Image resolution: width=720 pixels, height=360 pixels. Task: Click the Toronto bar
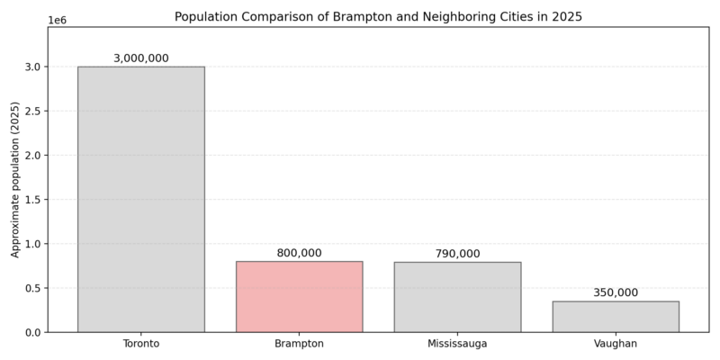(x=141, y=199)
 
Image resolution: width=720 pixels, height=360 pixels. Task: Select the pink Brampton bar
(x=299, y=297)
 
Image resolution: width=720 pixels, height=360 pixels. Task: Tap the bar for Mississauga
(x=457, y=297)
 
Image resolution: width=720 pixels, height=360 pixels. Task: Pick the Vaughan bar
(x=616, y=317)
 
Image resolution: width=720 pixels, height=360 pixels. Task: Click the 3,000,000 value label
(x=141, y=58)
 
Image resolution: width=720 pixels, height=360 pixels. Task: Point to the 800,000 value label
(x=299, y=253)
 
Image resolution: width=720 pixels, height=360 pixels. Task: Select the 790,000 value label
(x=457, y=254)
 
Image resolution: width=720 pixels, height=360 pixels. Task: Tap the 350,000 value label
(x=616, y=292)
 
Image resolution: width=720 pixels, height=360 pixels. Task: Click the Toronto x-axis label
(x=141, y=344)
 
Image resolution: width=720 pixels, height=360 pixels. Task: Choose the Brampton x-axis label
(x=299, y=344)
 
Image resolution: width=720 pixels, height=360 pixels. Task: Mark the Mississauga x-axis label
(x=457, y=344)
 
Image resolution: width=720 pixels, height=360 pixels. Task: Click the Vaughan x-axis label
(x=616, y=344)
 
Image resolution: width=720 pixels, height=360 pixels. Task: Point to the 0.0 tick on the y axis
(x=32, y=333)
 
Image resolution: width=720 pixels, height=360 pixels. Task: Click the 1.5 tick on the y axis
(x=32, y=200)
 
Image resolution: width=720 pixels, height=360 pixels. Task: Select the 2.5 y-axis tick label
(x=32, y=112)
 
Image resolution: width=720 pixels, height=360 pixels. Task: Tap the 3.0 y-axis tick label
(x=32, y=67)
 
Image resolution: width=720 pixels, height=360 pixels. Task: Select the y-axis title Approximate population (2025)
(x=15, y=180)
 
